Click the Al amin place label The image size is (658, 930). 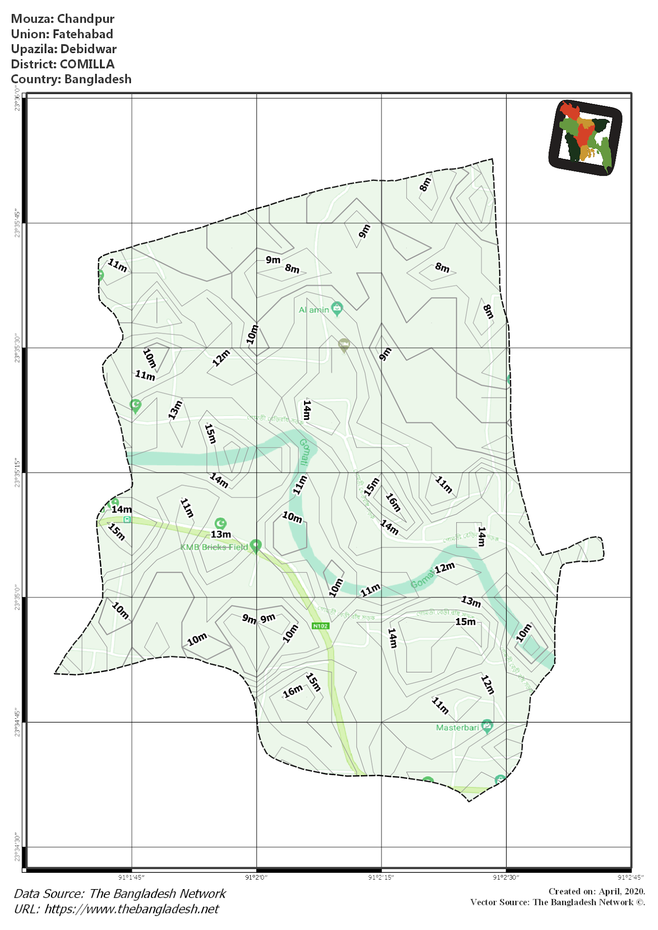314,310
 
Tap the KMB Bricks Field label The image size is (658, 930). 214,547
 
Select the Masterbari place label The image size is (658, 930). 457,727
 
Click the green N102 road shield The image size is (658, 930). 320,626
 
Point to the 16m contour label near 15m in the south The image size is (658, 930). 292,691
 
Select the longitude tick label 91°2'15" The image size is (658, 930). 381,877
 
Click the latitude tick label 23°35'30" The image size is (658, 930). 17,349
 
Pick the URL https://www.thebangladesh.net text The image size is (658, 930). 132,909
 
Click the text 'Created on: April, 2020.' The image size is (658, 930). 596,891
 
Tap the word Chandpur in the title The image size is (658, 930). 85,19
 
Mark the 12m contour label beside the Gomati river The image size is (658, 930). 444,568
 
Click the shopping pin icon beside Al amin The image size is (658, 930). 337,308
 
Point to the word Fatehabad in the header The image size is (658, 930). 83,34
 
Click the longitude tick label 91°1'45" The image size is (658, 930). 131,877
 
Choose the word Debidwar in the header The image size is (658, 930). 89,49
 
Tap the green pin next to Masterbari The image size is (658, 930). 487,726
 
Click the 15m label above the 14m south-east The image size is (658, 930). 465,622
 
